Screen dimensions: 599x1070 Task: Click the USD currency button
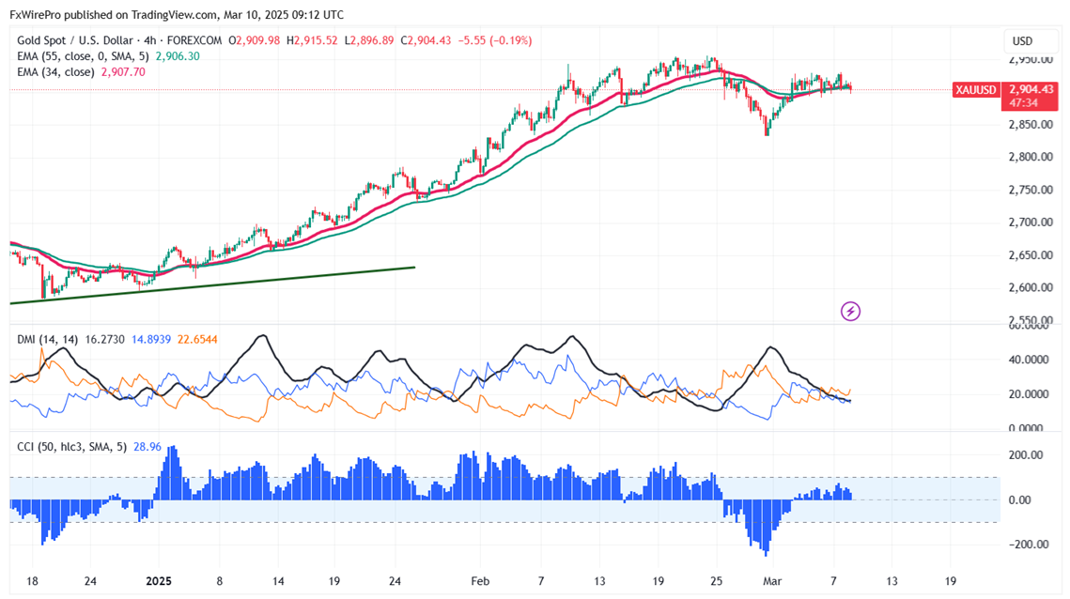[1021, 41]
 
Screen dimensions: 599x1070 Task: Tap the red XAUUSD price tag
[974, 90]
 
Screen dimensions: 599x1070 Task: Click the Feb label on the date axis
[480, 580]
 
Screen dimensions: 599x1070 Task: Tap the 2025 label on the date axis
[158, 580]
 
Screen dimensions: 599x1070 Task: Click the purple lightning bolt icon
[850, 311]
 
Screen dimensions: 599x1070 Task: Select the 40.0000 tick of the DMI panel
[1027, 360]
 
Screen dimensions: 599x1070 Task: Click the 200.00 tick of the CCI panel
[1026, 455]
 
